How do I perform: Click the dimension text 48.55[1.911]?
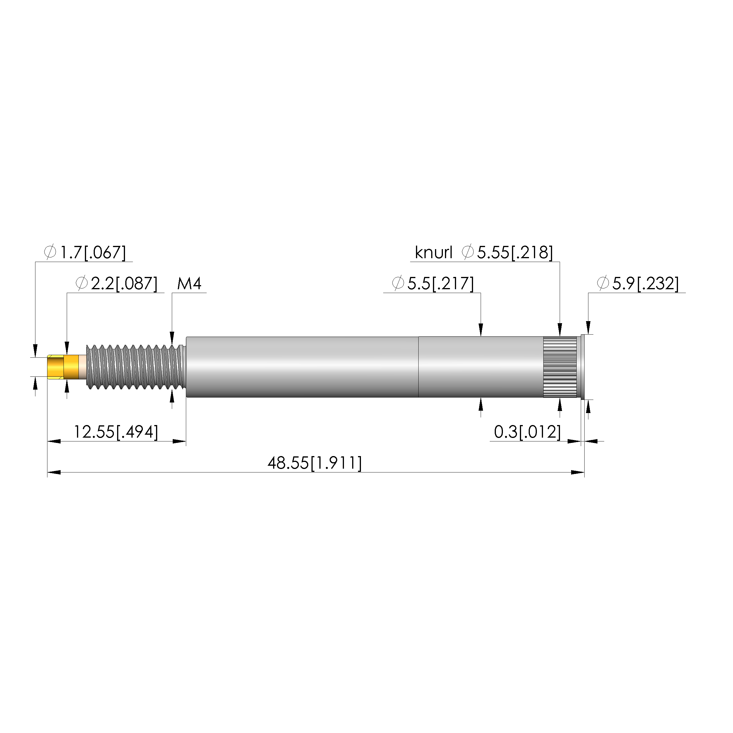point(314,463)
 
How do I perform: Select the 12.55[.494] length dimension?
point(116,432)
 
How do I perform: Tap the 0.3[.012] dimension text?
point(528,432)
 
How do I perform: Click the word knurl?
point(434,253)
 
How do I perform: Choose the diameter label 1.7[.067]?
point(85,252)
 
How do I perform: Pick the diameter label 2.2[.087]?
point(117,283)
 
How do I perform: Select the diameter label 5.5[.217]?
point(433,283)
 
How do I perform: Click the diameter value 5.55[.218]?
point(515,252)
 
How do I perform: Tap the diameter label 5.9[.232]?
point(638,283)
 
